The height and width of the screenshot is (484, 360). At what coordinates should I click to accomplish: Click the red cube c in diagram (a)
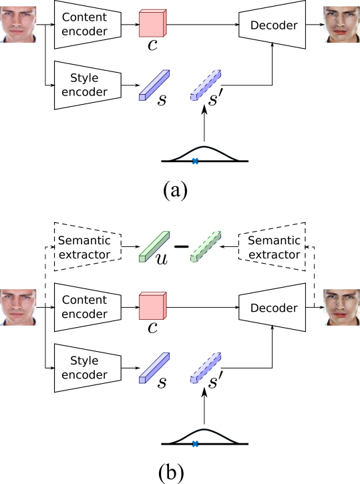(x=153, y=23)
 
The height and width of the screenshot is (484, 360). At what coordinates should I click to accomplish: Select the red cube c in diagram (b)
(x=153, y=306)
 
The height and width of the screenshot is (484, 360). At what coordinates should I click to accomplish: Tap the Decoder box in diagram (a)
(x=273, y=25)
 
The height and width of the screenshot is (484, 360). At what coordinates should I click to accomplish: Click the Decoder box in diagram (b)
(x=273, y=308)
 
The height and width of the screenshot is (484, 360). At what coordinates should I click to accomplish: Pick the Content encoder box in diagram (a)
(x=87, y=25)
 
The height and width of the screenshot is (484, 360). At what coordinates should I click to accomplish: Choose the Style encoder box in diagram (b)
(x=87, y=368)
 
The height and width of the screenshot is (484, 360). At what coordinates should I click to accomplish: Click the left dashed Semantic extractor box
(x=87, y=246)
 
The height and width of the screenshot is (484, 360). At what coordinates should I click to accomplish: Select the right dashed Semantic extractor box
(x=273, y=246)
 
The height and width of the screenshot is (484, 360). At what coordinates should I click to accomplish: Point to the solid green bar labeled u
(x=154, y=246)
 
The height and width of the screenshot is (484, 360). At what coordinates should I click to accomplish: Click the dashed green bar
(x=206, y=246)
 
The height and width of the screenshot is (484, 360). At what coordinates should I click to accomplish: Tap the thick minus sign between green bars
(x=182, y=246)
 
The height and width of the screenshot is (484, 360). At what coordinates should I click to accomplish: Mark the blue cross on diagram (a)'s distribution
(x=195, y=161)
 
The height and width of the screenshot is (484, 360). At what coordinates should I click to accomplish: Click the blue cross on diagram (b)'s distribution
(x=195, y=444)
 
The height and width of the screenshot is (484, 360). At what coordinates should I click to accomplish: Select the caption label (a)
(x=175, y=190)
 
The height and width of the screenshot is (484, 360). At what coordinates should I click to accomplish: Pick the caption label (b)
(x=171, y=473)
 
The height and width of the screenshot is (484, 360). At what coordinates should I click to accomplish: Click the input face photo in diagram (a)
(x=18, y=25)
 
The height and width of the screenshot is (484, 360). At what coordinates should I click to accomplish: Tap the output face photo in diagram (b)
(x=342, y=308)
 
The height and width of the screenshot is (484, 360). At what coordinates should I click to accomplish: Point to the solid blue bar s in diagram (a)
(x=154, y=85)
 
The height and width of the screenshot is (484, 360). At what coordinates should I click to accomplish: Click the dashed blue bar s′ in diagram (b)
(x=206, y=368)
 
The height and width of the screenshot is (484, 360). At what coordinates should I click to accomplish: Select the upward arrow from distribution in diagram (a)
(x=204, y=123)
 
